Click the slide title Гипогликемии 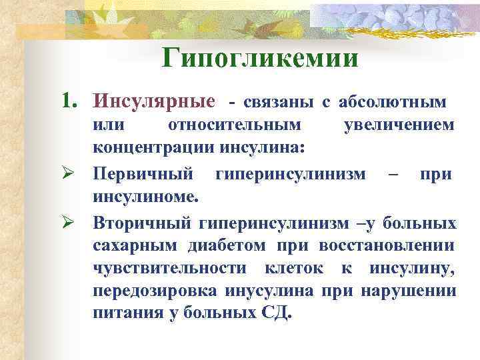click(x=260, y=58)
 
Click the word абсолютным click(x=393, y=102)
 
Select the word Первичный click(x=145, y=174)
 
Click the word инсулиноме click(x=146, y=197)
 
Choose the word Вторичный click(x=143, y=221)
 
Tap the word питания click(x=124, y=314)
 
